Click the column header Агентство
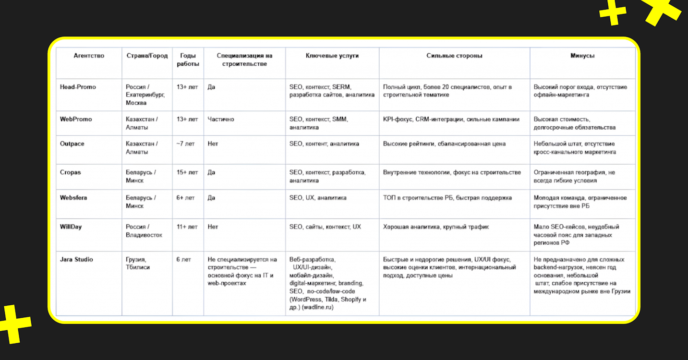[89, 56]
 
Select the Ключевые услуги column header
[332, 56]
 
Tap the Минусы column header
[582, 56]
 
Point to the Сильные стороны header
[454, 56]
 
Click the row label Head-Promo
[78, 87]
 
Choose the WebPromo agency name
[76, 119]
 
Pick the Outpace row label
[72, 144]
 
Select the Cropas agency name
[71, 172]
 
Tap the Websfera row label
[73, 198]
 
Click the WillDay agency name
[71, 227]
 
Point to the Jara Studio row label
[76, 259]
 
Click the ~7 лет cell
[186, 144]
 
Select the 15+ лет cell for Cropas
[187, 172]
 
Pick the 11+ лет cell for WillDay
[187, 227]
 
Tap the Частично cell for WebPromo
[221, 119]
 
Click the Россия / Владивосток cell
[144, 231]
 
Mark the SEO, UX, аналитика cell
[318, 198]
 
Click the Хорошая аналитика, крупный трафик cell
[436, 227]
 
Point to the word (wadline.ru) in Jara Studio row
[317, 308]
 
